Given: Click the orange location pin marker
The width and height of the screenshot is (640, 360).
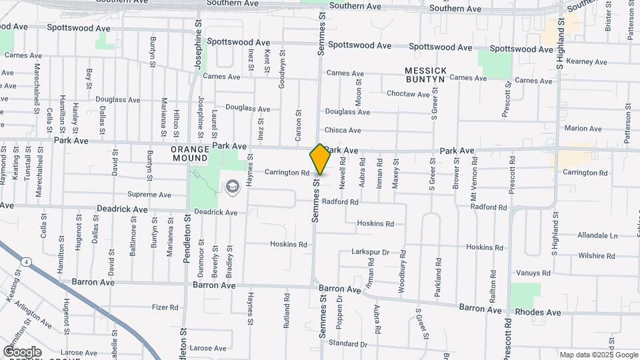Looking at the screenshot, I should [x=320, y=159].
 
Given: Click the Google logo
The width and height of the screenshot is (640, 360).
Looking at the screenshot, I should [x=22, y=351].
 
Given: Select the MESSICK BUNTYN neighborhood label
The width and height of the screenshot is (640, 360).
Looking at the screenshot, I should [x=425, y=75].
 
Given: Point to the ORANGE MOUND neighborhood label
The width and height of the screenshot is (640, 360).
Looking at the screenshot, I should [x=189, y=154].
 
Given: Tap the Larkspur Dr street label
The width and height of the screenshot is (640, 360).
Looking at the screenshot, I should [x=370, y=253].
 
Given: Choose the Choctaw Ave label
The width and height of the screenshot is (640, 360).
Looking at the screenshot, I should [x=408, y=94].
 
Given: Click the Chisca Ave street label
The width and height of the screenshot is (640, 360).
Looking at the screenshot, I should [x=342, y=130].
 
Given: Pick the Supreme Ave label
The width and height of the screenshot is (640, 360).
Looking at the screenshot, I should [x=149, y=195].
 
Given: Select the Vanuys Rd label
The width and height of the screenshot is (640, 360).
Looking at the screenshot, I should [x=532, y=273].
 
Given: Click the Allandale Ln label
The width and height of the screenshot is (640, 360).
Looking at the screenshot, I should [x=597, y=235].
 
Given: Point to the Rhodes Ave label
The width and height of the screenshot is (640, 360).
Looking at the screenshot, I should [x=545, y=312].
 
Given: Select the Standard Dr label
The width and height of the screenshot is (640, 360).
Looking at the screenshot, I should [x=347, y=344].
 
